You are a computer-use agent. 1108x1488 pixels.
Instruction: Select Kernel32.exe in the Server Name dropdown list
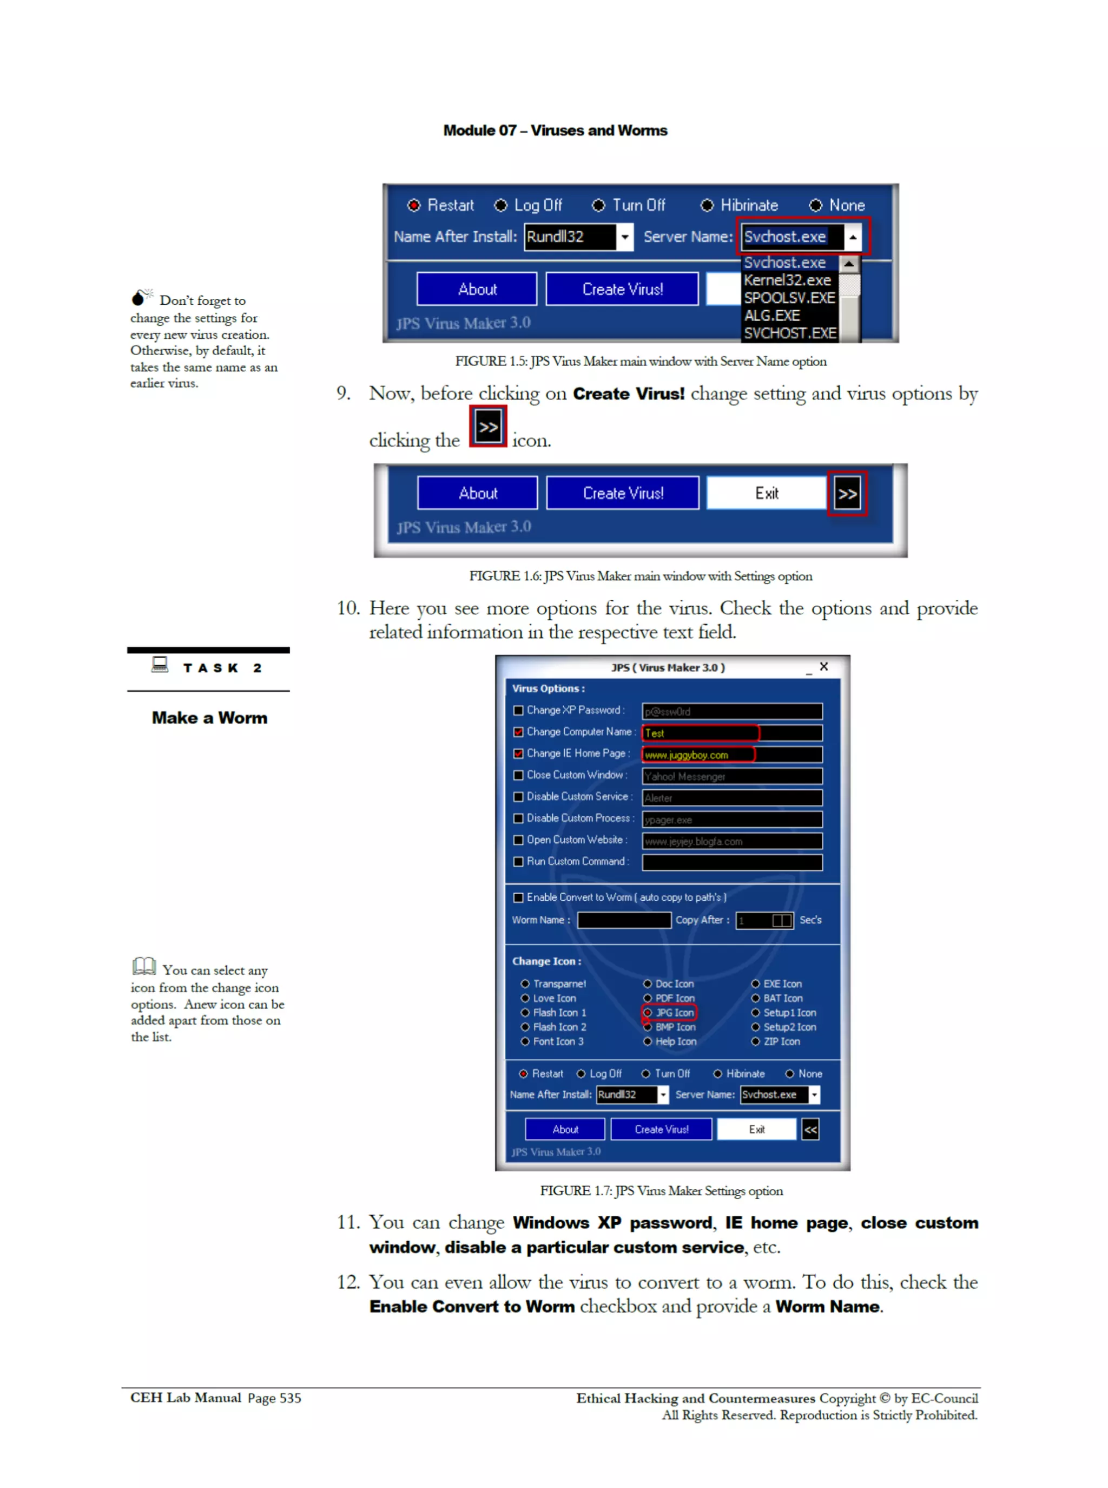[787, 280]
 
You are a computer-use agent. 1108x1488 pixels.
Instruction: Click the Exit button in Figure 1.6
[766, 493]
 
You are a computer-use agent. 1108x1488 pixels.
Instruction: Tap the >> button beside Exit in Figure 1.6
[847, 494]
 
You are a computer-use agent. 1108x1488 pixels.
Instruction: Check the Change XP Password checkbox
[518, 711]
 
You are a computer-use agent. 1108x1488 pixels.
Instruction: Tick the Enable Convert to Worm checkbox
[518, 897]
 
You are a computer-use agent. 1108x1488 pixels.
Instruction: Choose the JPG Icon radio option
[649, 1012]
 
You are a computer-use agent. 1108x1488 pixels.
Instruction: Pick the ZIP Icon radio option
[756, 1041]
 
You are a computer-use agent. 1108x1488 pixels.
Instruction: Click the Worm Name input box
[624, 920]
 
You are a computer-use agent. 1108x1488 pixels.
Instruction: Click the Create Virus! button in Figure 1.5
[622, 289]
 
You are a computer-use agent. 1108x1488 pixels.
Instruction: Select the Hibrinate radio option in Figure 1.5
[707, 205]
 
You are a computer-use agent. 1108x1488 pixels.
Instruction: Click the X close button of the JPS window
[823, 666]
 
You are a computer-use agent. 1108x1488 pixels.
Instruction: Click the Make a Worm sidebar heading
[209, 718]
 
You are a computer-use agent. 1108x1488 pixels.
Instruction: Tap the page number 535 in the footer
[291, 1398]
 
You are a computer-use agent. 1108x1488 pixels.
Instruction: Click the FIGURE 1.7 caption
[661, 1191]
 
